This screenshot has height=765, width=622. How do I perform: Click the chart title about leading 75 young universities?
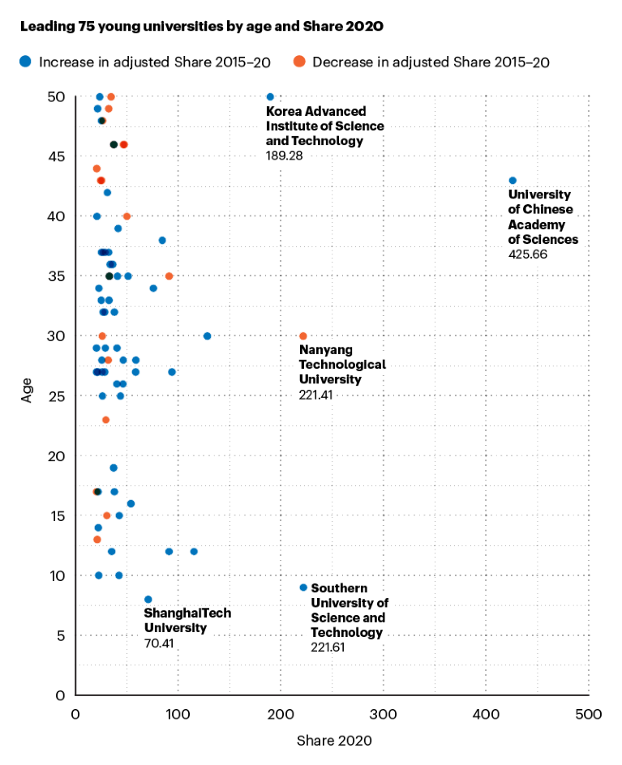(x=202, y=27)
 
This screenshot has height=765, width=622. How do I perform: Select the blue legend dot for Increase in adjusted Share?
(x=27, y=61)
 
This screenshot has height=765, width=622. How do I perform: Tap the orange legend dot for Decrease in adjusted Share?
(x=299, y=61)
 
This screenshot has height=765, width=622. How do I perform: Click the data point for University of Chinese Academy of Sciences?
(x=513, y=181)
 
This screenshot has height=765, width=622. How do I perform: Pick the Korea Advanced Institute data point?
(x=270, y=97)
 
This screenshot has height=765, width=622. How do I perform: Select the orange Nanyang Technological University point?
(x=303, y=336)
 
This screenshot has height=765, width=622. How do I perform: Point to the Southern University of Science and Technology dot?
(x=303, y=588)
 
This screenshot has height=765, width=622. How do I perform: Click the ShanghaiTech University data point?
(x=148, y=600)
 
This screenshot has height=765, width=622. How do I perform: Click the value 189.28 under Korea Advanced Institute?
(x=284, y=155)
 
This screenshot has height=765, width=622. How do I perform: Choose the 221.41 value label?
(x=317, y=395)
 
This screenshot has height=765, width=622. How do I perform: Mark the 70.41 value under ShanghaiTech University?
(x=160, y=643)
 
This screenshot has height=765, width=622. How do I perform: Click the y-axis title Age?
(x=27, y=395)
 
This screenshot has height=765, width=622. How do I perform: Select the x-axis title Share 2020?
(x=334, y=741)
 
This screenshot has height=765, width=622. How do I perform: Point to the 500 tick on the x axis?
(x=588, y=714)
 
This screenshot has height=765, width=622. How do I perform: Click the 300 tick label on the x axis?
(x=383, y=714)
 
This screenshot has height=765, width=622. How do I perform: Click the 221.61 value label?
(x=328, y=647)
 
